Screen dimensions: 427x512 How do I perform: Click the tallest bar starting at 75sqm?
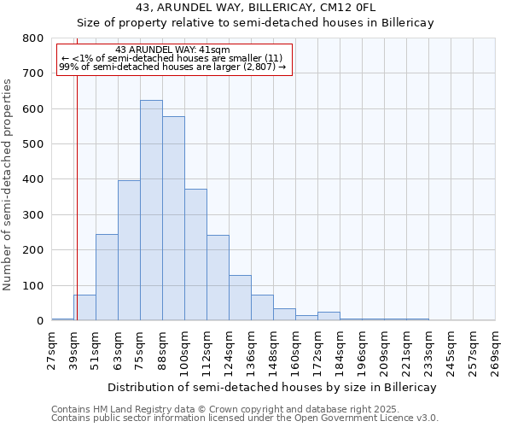(x=151, y=210)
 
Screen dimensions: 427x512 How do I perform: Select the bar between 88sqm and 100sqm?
(x=173, y=219)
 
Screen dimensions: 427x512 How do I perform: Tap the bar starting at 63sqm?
(x=129, y=250)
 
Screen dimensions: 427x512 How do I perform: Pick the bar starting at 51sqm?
(x=107, y=278)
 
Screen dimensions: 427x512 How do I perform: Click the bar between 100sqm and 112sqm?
(x=195, y=254)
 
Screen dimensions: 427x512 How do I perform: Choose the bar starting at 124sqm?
(x=240, y=298)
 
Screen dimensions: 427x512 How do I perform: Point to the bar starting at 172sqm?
(x=329, y=316)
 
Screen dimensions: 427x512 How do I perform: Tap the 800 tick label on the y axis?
(x=32, y=38)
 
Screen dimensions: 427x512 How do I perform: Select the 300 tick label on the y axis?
(x=32, y=215)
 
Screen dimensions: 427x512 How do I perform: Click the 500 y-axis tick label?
(x=32, y=144)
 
